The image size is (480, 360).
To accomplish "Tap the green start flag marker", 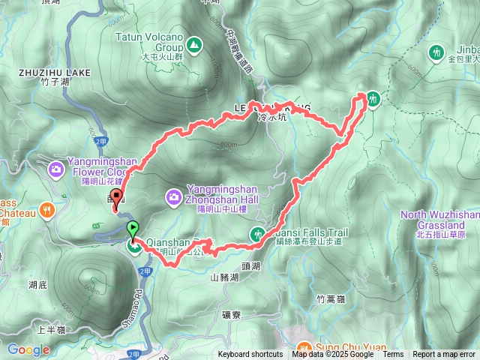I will (133, 228).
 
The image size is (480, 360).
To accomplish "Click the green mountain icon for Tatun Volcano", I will (194, 46).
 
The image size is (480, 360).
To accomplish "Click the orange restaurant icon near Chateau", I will (49, 209).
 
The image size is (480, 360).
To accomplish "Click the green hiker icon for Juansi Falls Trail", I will (257, 235).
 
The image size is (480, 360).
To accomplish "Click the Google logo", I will (28, 349).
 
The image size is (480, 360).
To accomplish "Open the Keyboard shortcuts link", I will (250, 355).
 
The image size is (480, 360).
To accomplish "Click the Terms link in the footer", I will (393, 355).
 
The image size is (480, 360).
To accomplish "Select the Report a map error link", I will (444, 355).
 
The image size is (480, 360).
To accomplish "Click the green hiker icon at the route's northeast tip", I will (373, 98).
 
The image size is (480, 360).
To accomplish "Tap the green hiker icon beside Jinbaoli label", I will (437, 52).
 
